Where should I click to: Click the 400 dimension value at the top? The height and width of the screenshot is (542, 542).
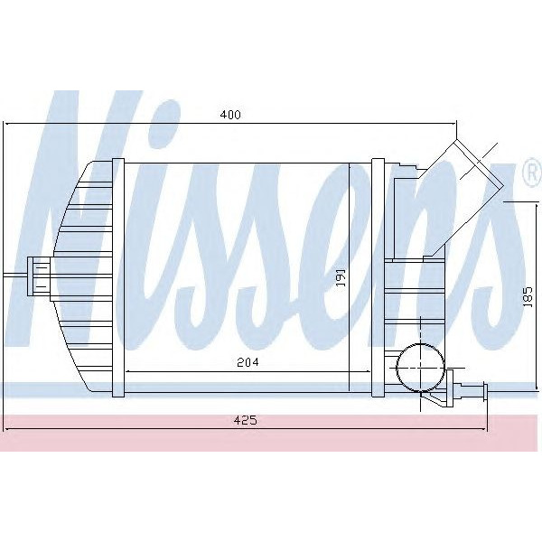[231, 115]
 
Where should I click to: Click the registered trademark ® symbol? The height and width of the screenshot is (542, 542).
[532, 171]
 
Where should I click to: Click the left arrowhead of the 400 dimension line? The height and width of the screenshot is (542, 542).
[7, 123]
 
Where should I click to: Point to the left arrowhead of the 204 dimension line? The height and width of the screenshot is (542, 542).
[126, 370]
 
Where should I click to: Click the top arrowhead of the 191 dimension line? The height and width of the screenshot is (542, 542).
[350, 166]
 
